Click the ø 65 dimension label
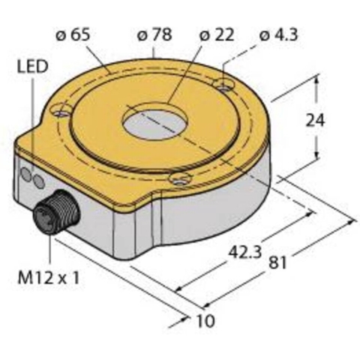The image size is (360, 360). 73,34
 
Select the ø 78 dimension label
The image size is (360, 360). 154,34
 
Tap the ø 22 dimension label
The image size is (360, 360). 217,34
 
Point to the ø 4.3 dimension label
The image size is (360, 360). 279,34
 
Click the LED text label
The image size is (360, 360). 32,67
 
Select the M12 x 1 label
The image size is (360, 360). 49,277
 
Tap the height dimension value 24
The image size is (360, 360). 315,120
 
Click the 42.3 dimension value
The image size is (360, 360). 245,252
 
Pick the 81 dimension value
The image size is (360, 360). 277,262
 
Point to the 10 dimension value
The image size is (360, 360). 205,321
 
